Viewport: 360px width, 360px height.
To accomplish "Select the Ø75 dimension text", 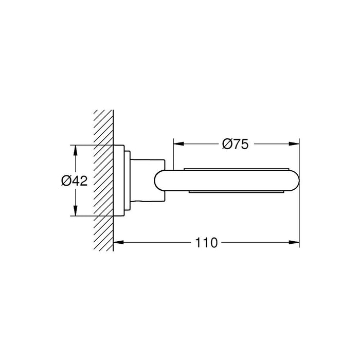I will [x=236, y=145].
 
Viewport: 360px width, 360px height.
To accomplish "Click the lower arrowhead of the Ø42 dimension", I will [x=76, y=214].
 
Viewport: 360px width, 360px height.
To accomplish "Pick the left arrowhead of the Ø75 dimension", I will [x=176, y=145].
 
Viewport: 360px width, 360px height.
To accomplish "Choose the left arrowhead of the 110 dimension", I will [x=117, y=242].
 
